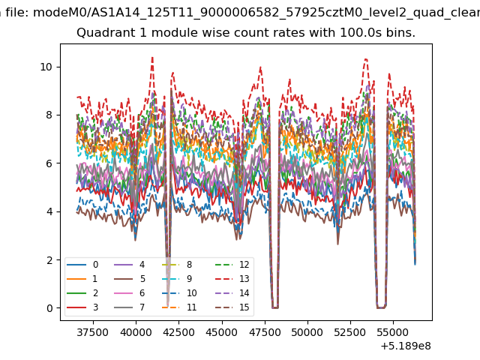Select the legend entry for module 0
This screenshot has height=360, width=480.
coord(82,265)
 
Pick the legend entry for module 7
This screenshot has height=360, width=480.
coord(129,307)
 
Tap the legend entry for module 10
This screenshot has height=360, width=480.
coord(179,293)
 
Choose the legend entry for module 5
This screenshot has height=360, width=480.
coord(129,279)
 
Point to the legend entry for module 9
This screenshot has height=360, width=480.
coord(177,279)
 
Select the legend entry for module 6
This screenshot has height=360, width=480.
coord(129,293)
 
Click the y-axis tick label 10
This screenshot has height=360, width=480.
coord(46,67)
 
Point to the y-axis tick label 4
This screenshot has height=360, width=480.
coord(49,211)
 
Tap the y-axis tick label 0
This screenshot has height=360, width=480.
coord(49,308)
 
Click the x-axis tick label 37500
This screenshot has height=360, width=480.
coord(93,332)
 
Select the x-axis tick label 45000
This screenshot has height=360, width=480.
coord(222,332)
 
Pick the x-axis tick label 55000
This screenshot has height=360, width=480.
coord(393,332)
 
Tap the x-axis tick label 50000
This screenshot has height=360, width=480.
coord(307,332)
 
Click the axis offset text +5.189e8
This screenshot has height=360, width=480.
coord(406,346)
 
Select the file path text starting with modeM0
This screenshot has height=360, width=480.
coord(256,13)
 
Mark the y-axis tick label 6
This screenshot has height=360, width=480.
coord(49,163)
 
